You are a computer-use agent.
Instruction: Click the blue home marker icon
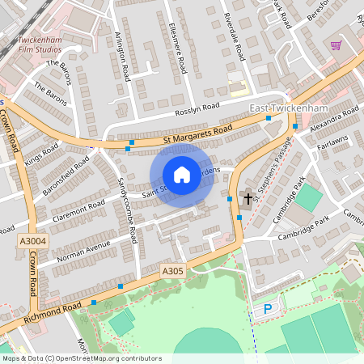coord(182,175)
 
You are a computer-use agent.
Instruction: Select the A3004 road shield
coord(32,240)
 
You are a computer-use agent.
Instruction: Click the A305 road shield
coord(173,271)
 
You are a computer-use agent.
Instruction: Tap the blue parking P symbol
coord(268,309)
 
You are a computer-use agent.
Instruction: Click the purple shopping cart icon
coord(336,45)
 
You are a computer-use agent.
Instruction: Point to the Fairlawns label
coord(332,143)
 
